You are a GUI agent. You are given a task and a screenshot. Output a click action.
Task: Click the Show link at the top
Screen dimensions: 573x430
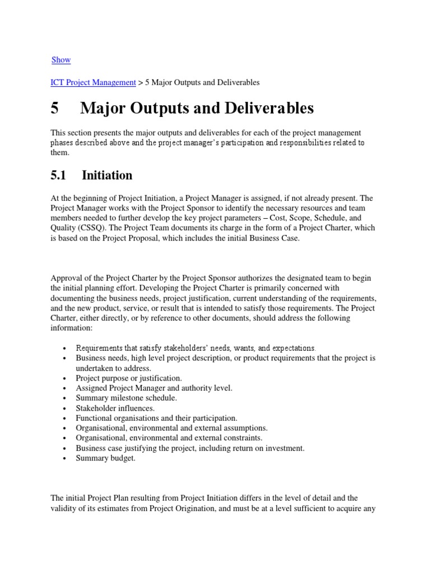point(61,60)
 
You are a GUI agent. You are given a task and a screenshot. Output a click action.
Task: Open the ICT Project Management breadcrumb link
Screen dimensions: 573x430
point(94,82)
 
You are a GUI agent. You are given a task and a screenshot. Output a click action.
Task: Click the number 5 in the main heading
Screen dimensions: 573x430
point(54,108)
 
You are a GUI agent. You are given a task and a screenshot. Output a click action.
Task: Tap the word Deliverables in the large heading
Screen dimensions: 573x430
point(267,108)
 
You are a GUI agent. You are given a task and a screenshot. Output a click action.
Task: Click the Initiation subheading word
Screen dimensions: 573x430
point(107,176)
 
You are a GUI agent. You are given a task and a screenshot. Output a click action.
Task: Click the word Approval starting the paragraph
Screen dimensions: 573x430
point(67,279)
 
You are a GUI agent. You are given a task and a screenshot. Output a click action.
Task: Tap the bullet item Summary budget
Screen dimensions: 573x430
point(106,458)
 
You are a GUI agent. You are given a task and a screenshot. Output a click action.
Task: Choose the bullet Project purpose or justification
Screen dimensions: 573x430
point(129,378)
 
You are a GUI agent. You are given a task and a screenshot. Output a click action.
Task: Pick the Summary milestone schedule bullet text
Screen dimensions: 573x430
point(126,398)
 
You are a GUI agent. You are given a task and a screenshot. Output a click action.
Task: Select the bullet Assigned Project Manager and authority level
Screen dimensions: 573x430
point(154,388)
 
